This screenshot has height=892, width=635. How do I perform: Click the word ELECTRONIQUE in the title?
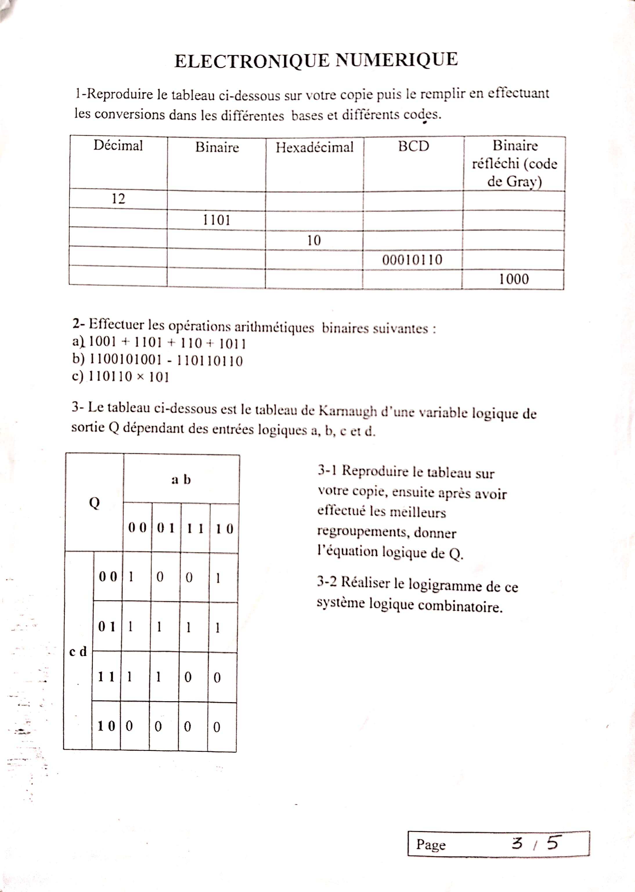252,61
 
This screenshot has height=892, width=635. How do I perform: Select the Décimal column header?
118,145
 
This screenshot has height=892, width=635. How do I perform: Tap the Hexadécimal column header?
314,148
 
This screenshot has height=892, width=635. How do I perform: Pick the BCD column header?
413,146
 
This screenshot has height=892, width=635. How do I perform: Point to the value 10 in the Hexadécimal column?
314,240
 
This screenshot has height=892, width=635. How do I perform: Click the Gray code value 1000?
514,279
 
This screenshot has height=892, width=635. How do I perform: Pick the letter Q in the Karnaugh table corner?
94,503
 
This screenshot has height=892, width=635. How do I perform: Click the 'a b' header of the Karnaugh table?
181,479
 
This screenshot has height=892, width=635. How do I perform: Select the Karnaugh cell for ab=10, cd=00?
218,578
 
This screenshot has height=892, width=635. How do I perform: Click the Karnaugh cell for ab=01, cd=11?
159,677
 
